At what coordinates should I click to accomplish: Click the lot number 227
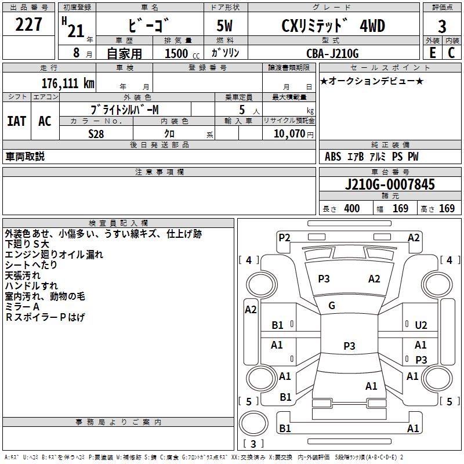click(28, 24)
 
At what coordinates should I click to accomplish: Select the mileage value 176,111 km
click(68, 84)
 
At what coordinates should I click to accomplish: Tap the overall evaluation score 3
click(442, 26)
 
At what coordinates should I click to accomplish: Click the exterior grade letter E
click(433, 53)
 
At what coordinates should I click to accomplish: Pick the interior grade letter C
click(451, 53)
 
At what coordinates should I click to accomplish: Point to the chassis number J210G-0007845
click(390, 184)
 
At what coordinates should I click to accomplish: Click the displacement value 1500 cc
click(182, 53)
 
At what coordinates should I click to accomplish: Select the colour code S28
click(96, 134)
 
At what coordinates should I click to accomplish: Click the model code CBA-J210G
click(332, 53)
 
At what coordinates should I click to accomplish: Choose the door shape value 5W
click(224, 26)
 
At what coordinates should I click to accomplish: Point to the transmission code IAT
click(17, 121)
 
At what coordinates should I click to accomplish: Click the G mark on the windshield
click(332, 305)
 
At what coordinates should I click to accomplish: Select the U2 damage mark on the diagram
click(421, 325)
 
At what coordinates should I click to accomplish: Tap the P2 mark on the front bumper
click(284, 238)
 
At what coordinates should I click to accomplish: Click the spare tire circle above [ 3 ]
click(253, 423)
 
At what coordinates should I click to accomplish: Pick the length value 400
click(352, 208)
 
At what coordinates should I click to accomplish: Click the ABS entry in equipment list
click(333, 157)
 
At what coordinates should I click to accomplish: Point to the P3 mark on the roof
click(349, 346)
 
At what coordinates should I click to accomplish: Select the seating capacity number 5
click(242, 110)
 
